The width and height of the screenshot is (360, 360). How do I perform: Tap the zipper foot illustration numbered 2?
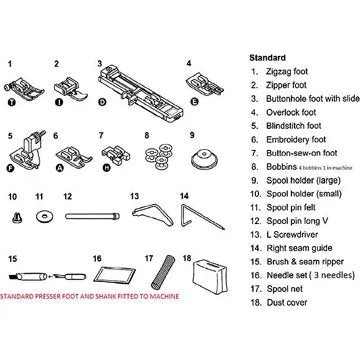[x=70, y=88]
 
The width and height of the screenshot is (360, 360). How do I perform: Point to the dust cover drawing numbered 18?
[x=209, y=277]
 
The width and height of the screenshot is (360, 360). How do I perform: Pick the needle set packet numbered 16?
[x=114, y=274]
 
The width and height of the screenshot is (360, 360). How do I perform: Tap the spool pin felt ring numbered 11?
[x=43, y=217]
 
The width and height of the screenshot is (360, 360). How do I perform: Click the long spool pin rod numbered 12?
[x=92, y=216]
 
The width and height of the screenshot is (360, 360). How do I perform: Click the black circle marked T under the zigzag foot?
[x=12, y=102]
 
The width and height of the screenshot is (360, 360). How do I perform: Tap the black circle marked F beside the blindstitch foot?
[x=11, y=168]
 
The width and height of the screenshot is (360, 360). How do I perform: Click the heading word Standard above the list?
[x=267, y=58]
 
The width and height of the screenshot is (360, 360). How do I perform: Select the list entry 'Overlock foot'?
[x=291, y=112]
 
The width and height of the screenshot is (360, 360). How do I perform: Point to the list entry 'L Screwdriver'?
[x=292, y=234]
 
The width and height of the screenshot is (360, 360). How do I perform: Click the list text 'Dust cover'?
[x=287, y=303]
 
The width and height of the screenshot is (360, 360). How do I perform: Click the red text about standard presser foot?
[x=89, y=296]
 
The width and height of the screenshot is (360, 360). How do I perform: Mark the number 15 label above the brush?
[x=12, y=258]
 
